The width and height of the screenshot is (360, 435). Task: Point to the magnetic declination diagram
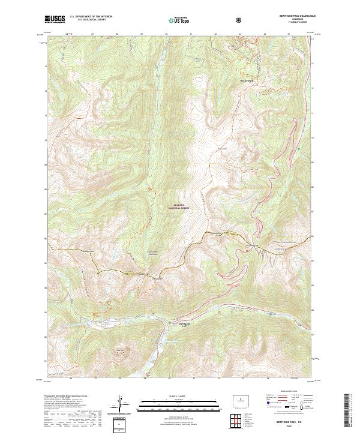pos(121,403)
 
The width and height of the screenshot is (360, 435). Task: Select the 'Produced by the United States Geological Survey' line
pos(66,397)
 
